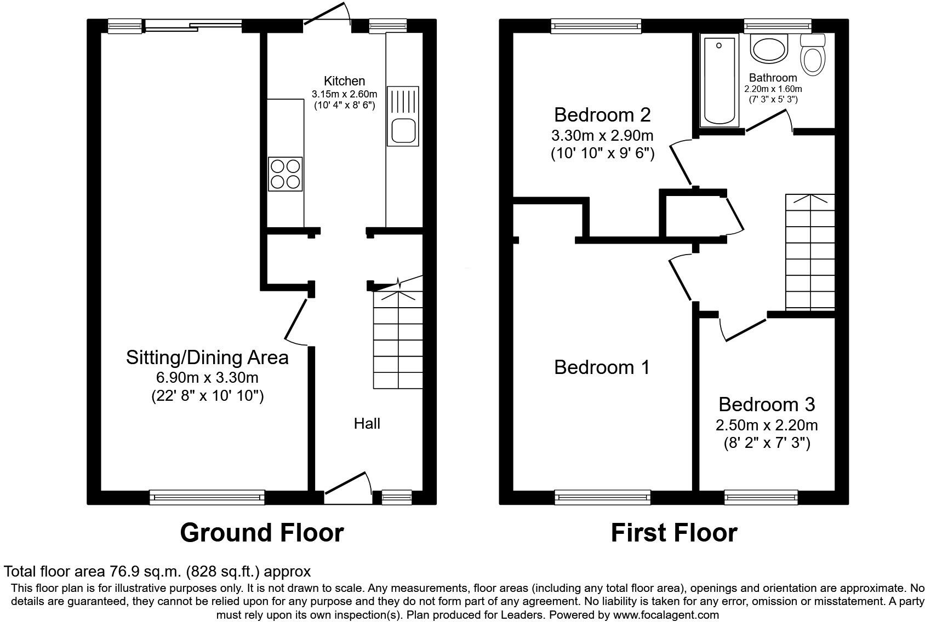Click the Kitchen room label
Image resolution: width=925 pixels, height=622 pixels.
(x=344, y=81)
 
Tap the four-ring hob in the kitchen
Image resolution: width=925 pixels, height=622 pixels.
(x=285, y=174)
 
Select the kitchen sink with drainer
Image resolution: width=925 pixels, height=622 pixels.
(x=403, y=116)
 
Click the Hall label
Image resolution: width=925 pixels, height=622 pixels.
(x=367, y=423)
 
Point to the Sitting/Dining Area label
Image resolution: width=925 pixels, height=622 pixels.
(x=207, y=358)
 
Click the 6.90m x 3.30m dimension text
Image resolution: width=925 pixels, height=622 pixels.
(x=207, y=377)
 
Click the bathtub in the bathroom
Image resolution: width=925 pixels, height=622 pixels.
(x=719, y=81)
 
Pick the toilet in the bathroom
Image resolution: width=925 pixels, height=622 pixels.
(x=813, y=55)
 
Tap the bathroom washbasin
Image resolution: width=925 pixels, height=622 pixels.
(x=769, y=49)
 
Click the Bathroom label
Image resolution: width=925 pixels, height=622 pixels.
(x=773, y=78)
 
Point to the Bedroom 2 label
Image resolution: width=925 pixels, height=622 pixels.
(x=602, y=115)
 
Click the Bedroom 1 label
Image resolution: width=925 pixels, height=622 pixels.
(x=602, y=367)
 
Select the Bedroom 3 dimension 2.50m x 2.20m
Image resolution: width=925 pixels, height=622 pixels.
(x=767, y=425)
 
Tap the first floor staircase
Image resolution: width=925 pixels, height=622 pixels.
(x=810, y=252)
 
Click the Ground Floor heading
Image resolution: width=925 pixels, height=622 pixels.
(x=262, y=532)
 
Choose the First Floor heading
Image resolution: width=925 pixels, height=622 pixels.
(x=674, y=532)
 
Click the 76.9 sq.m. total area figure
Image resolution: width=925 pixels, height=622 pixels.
(x=145, y=572)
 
